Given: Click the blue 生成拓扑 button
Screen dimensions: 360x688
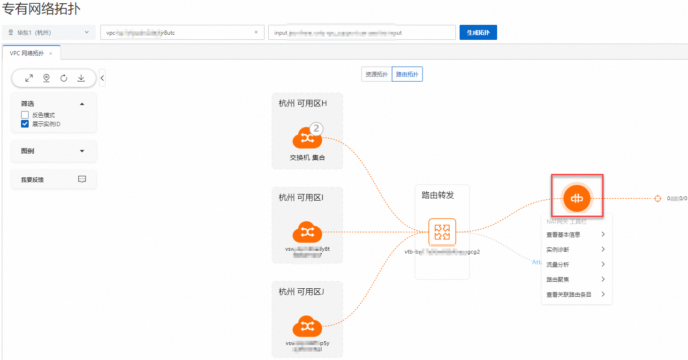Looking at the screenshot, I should tap(478, 33).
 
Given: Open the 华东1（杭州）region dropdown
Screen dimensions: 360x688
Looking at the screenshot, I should tap(49, 32).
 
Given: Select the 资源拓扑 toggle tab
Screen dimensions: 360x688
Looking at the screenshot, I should tap(377, 74).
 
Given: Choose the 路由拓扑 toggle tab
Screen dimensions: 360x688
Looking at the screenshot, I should tap(407, 74).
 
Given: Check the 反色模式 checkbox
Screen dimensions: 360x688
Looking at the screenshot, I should tap(25, 115).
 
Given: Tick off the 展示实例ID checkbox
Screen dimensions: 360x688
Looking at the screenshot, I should tap(25, 124).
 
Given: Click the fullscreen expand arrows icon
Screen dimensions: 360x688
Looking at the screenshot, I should tap(29, 78).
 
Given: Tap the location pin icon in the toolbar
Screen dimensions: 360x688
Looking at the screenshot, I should tap(46, 78).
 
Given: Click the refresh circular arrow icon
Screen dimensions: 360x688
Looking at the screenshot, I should tap(64, 78).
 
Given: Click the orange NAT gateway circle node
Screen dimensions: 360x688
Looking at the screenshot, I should tap(576, 198).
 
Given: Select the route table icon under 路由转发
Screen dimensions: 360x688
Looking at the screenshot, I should tap(442, 232).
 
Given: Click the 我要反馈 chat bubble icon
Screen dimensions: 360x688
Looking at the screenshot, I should tap(82, 179).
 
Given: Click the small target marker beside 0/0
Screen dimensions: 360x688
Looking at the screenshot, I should tap(658, 198).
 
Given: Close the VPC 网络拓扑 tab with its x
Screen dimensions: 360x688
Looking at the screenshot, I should tap(51, 53).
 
